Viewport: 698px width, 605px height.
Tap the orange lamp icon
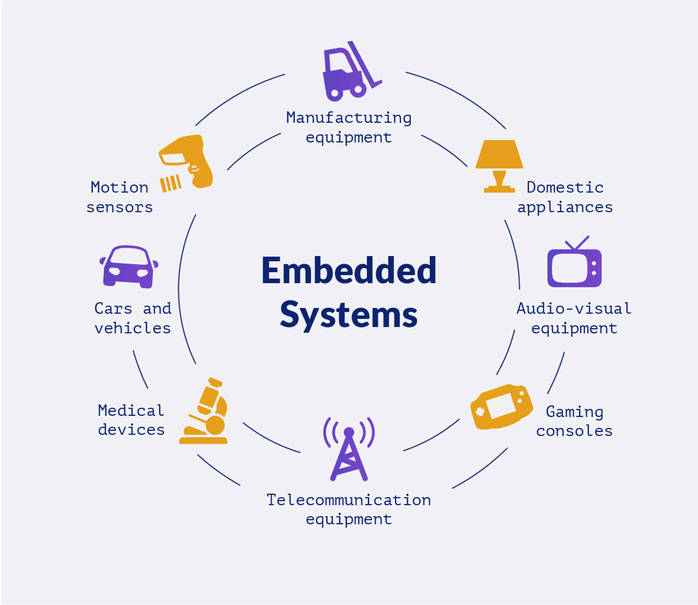click(x=500, y=164)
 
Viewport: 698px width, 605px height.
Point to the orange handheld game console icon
click(x=502, y=407)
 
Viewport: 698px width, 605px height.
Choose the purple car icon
click(x=129, y=267)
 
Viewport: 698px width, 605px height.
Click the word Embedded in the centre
click(x=348, y=271)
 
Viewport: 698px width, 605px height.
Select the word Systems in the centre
click(x=348, y=315)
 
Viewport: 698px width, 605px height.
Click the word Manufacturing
click(x=348, y=118)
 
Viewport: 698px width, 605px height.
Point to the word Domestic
click(x=565, y=188)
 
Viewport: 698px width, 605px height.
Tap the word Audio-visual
click(x=574, y=309)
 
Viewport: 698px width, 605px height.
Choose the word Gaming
click(x=574, y=412)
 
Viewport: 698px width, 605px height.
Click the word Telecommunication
click(x=348, y=500)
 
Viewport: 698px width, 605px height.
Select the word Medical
click(x=131, y=411)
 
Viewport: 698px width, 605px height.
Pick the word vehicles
click(x=132, y=328)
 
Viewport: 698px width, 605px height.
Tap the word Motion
click(x=119, y=188)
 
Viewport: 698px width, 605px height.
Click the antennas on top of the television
click(x=577, y=243)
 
